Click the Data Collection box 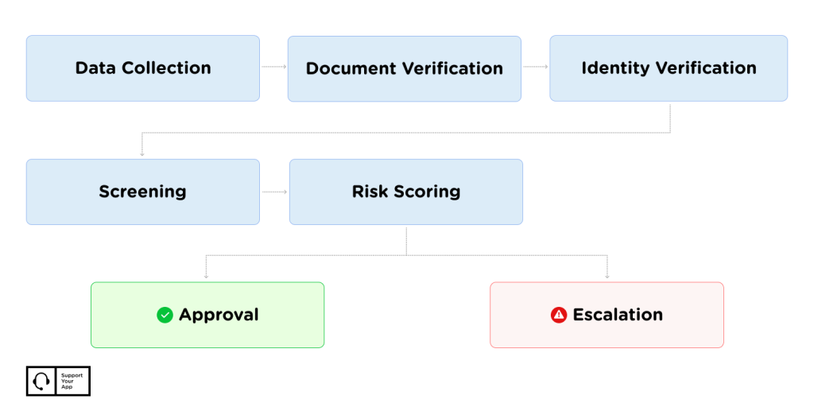pos(143,68)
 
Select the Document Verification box pos(405,69)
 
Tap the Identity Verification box pos(669,68)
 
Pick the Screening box pos(143,192)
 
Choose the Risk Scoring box pos(406,192)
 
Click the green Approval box pos(207,315)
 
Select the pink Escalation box pos(607,315)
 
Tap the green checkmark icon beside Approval pos(165,315)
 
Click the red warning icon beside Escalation pos(559,315)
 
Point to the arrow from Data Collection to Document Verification pos(274,67)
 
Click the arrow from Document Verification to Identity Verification pos(536,67)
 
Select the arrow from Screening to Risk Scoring pos(274,192)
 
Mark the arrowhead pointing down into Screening pos(141,154)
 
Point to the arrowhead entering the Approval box pos(206,277)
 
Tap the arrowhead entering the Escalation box pos(607,277)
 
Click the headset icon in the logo pos(41,382)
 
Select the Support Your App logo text pos(72,381)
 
